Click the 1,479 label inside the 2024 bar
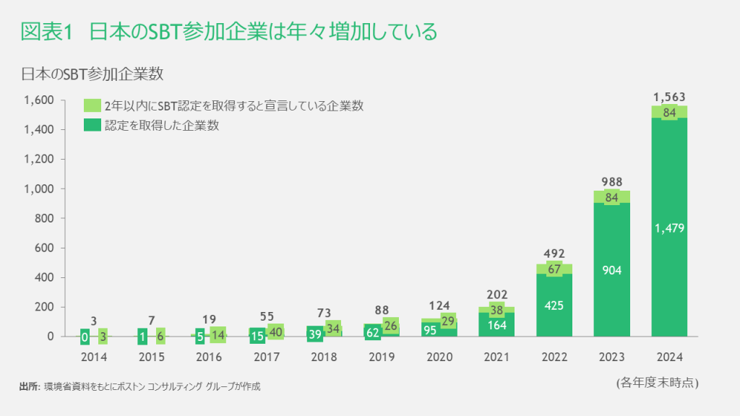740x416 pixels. click(669, 229)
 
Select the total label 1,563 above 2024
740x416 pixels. click(669, 97)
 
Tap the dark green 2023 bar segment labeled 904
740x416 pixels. click(612, 270)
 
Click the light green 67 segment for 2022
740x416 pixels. click(555, 269)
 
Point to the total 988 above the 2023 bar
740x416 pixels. click(612, 182)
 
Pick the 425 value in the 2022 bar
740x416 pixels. click(555, 305)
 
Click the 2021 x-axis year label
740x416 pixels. click(497, 357)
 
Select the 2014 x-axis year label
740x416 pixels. click(95, 357)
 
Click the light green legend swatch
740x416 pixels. click(92, 105)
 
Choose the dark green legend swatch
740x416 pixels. click(92, 125)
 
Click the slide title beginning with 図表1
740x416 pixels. click(228, 32)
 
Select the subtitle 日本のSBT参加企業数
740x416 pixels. click(94, 74)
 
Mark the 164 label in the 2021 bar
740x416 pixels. click(497, 324)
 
